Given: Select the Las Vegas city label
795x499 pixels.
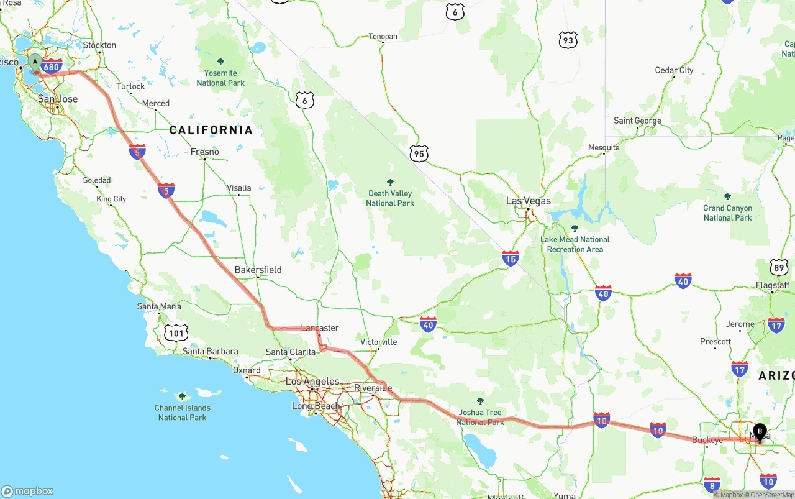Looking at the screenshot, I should (x=528, y=201).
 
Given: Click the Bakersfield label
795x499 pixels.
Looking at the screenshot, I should (x=258, y=270).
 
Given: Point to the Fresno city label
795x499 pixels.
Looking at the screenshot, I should (x=205, y=152).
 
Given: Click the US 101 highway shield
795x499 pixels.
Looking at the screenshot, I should (x=176, y=333).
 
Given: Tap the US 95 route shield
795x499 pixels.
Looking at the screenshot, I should (x=419, y=153).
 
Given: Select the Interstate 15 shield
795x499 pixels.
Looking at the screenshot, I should (x=511, y=259).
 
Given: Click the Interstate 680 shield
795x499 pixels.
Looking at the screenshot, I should (x=52, y=66).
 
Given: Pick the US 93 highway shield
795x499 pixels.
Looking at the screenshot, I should (x=568, y=40).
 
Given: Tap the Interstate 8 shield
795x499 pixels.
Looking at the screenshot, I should (x=713, y=485).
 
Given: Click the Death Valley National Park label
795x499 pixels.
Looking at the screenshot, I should (x=390, y=198).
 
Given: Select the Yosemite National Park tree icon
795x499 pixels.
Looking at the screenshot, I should (x=220, y=62).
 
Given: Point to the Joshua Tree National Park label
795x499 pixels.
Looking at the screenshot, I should (x=480, y=417).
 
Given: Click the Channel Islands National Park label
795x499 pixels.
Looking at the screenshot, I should (x=182, y=413).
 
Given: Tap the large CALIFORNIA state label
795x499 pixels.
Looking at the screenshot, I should (x=211, y=130).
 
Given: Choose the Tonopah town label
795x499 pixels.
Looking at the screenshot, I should (x=383, y=37).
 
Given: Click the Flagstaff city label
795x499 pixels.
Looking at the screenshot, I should (x=773, y=286).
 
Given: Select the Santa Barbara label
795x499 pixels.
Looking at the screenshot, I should (x=210, y=352).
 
